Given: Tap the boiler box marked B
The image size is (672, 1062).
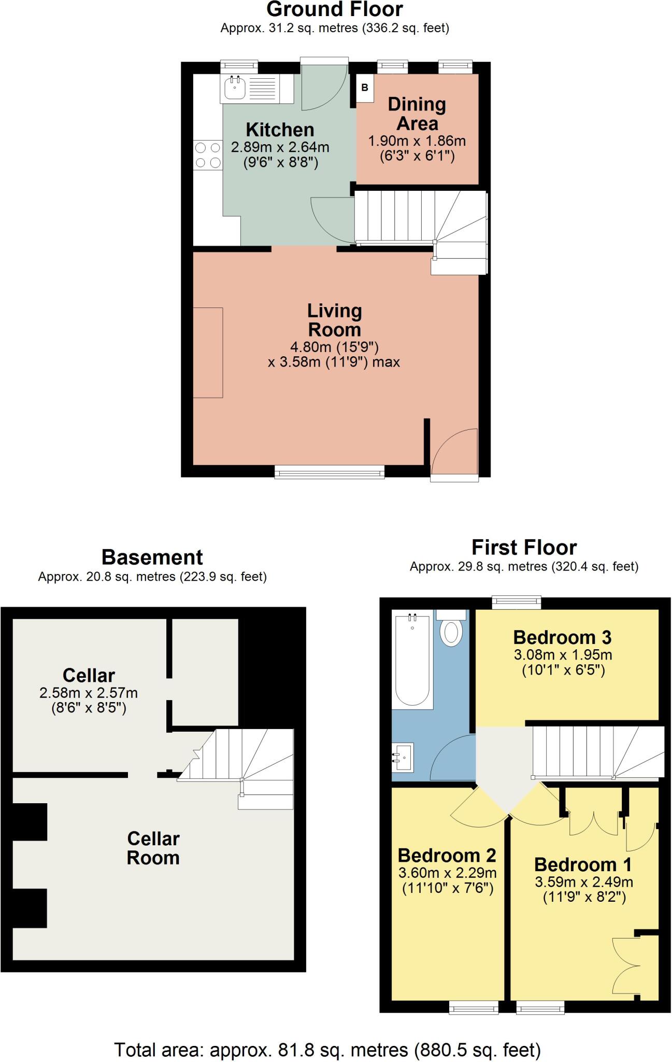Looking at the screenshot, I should pyautogui.click(x=365, y=88).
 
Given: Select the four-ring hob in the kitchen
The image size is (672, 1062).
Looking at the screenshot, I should pyautogui.click(x=208, y=155).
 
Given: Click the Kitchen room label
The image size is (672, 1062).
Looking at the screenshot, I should pyautogui.click(x=280, y=130).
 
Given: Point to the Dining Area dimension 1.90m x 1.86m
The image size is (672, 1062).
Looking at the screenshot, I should pyautogui.click(x=417, y=141).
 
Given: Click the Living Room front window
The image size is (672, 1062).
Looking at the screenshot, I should pyautogui.click(x=330, y=471).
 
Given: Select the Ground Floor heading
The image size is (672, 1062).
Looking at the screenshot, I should pyautogui.click(x=335, y=9).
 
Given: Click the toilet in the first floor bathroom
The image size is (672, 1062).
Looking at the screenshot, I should pyautogui.click(x=451, y=630).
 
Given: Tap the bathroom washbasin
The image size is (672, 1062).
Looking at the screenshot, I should pyautogui.click(x=403, y=758).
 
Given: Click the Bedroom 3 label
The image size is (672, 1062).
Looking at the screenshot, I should pyautogui.click(x=562, y=637).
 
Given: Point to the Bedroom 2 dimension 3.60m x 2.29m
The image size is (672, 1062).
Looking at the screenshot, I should pyautogui.click(x=447, y=873).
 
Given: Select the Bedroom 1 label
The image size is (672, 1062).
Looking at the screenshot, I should pyautogui.click(x=583, y=864).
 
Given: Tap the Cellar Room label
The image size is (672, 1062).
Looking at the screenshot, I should pyautogui.click(x=153, y=848).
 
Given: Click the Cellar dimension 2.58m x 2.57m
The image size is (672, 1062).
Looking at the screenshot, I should pyautogui.click(x=89, y=693).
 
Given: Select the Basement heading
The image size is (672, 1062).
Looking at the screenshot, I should pyautogui.click(x=152, y=557).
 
